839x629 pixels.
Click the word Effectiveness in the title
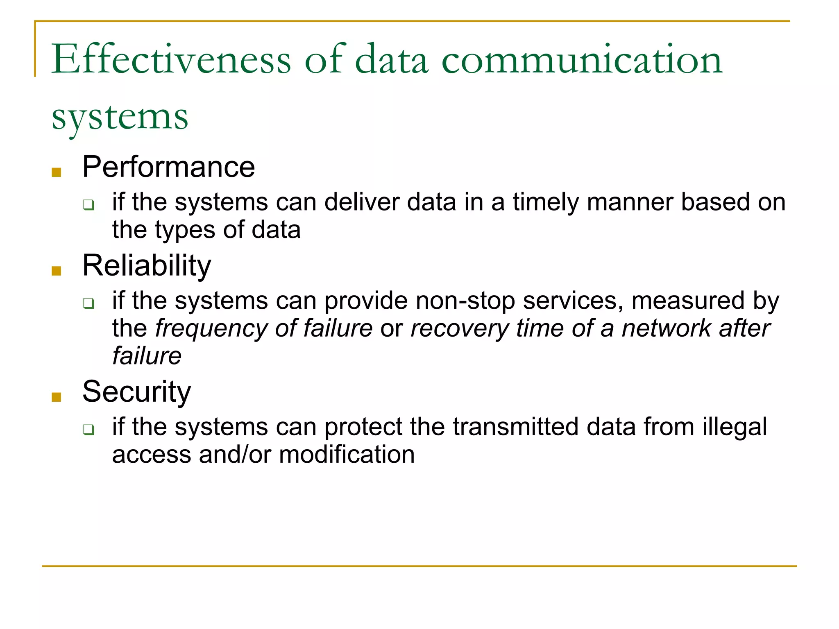pos(171,60)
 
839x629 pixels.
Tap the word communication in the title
pos(582,60)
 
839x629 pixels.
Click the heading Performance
pos(168,167)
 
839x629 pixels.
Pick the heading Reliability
pos(147,266)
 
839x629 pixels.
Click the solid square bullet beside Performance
pos(57,172)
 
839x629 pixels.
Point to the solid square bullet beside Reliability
pos(57,271)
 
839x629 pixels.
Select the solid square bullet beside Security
pos(57,397)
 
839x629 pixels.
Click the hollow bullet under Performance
pos(88,204)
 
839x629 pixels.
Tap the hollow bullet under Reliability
pos(88,303)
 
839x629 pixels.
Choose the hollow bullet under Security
pos(88,429)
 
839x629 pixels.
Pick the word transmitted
pos(516,427)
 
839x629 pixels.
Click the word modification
pos(347,455)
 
